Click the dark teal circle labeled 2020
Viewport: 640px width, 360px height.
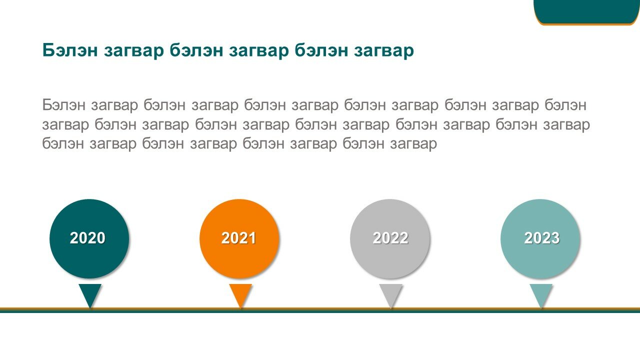pyautogui.click(x=89, y=238)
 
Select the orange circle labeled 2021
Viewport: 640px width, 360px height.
pyautogui.click(x=239, y=238)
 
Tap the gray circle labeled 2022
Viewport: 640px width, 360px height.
pyautogui.click(x=390, y=238)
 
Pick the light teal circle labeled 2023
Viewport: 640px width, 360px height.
pyautogui.click(x=540, y=238)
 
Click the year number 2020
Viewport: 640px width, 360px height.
pyautogui.click(x=87, y=238)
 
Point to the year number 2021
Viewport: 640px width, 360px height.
pyautogui.click(x=238, y=238)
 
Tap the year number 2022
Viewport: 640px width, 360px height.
pyautogui.click(x=390, y=238)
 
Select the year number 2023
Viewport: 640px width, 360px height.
pyautogui.click(x=541, y=238)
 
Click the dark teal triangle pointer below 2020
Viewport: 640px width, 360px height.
pyautogui.click(x=90, y=293)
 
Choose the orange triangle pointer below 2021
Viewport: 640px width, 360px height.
pyautogui.click(x=240, y=293)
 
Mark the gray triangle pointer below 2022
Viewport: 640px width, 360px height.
pyautogui.click(x=391, y=293)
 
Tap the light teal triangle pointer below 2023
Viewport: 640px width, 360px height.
pyautogui.click(x=541, y=293)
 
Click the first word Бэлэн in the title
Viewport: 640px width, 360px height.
pyautogui.click(x=70, y=50)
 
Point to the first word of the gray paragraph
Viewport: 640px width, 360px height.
pyautogui.click(x=63, y=104)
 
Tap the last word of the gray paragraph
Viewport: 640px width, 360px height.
pyautogui.click(x=413, y=144)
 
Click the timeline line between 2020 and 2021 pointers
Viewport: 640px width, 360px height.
pyautogui.click(x=165, y=310)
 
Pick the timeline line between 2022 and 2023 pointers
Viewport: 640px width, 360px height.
pyautogui.click(x=466, y=310)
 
